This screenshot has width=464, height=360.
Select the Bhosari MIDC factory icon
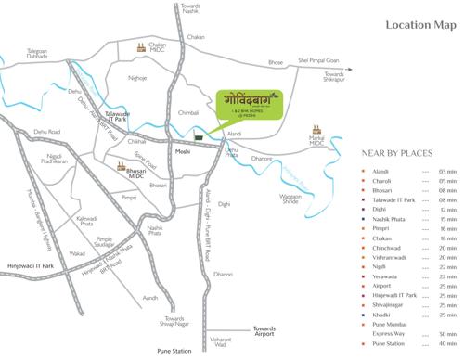[122, 167]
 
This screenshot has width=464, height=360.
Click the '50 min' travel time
[448, 333]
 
